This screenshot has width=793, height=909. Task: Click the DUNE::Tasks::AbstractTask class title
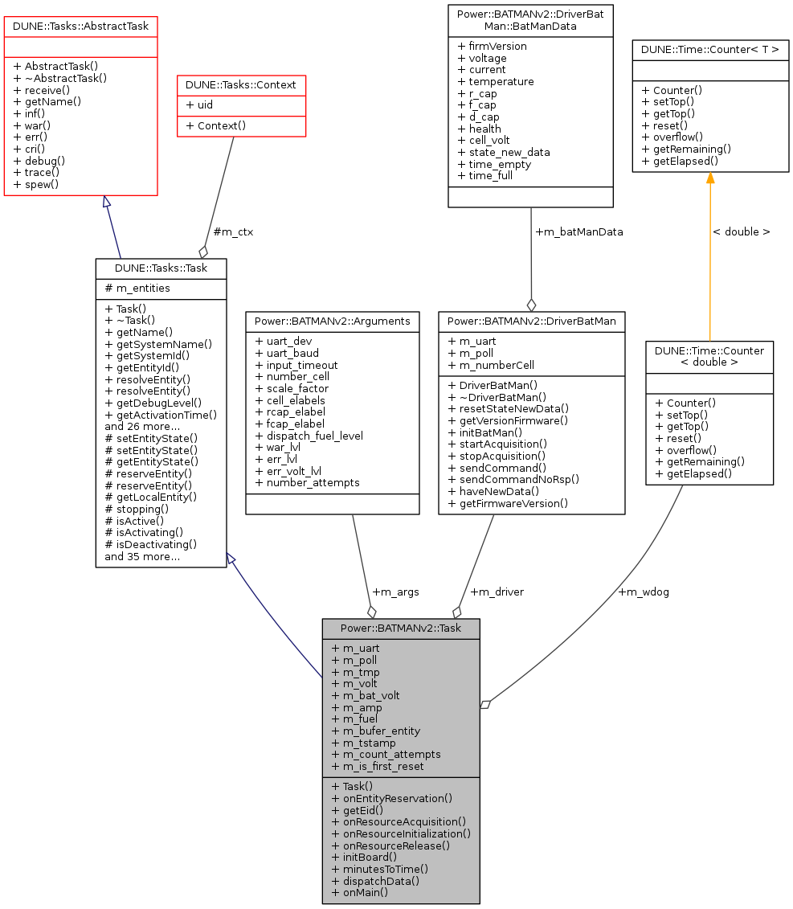pyautogui.click(x=80, y=27)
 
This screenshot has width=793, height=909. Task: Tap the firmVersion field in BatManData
pyautogui.click(x=492, y=46)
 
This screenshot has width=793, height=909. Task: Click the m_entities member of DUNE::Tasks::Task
pyautogui.click(x=137, y=288)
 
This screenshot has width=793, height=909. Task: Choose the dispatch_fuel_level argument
pyautogui.click(x=309, y=436)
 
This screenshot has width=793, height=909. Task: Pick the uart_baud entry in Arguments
pyautogui.click(x=286, y=353)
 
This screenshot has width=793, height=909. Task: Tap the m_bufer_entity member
pyautogui.click(x=375, y=731)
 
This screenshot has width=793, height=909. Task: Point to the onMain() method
pyautogui.click(x=359, y=892)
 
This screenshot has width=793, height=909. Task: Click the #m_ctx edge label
pyautogui.click(x=233, y=232)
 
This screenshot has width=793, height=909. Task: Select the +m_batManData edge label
pyautogui.click(x=578, y=231)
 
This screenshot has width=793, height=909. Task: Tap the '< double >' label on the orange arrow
pyautogui.click(x=741, y=231)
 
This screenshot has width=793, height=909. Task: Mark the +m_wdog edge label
pyautogui.click(x=643, y=592)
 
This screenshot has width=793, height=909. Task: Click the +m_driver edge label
pyautogui.click(x=497, y=592)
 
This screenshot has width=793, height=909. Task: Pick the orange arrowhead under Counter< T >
pyautogui.click(x=710, y=178)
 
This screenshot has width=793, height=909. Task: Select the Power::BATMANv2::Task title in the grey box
pyautogui.click(x=401, y=628)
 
